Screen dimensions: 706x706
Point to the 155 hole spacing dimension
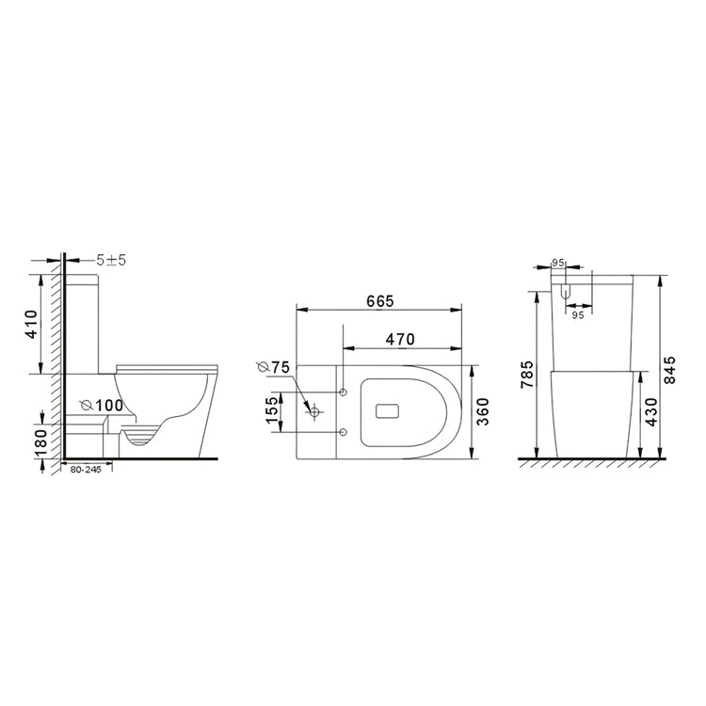(x=273, y=411)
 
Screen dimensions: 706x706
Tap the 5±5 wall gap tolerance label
(x=110, y=259)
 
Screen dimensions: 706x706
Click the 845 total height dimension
(x=671, y=369)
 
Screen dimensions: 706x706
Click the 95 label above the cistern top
(x=557, y=263)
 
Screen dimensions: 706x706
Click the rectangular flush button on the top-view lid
(x=387, y=411)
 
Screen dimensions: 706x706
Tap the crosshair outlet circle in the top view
(x=314, y=411)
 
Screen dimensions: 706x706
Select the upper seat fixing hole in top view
(x=343, y=391)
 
